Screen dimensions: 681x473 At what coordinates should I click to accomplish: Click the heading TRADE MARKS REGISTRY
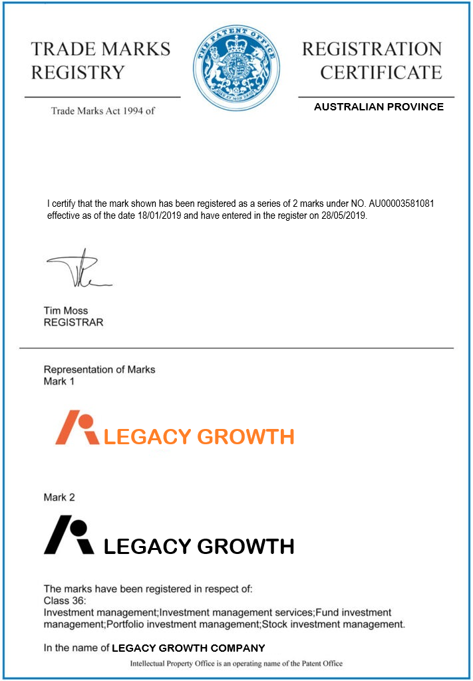tap(100, 61)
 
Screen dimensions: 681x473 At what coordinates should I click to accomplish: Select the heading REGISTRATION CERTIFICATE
tap(372, 61)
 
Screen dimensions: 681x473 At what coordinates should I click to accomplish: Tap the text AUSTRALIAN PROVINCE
tap(379, 107)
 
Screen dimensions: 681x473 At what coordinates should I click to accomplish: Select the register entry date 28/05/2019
tap(342, 215)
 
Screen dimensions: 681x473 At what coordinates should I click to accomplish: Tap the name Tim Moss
tap(65, 311)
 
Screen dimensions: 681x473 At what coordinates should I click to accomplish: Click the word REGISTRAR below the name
tap(73, 323)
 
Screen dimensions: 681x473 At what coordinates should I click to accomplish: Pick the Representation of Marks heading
tap(99, 370)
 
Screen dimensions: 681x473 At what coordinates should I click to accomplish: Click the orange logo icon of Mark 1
tap(76, 427)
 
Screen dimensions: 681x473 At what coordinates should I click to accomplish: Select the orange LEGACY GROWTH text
tap(200, 437)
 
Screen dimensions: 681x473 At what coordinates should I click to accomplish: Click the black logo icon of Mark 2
tap(69, 537)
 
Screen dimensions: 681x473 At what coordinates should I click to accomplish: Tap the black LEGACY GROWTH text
tap(200, 547)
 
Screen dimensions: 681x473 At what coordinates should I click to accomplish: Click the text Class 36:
tap(65, 601)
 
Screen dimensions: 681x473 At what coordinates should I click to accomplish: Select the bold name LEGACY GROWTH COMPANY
tap(188, 648)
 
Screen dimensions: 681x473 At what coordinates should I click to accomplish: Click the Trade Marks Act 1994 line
tap(103, 110)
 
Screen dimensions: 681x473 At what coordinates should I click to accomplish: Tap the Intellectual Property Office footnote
tap(236, 664)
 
